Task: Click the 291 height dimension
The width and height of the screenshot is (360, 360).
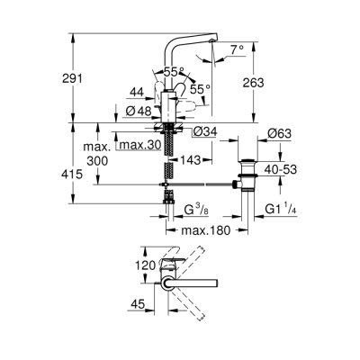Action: (x=86, y=78)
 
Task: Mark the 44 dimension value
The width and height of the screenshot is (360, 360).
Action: (x=137, y=93)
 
